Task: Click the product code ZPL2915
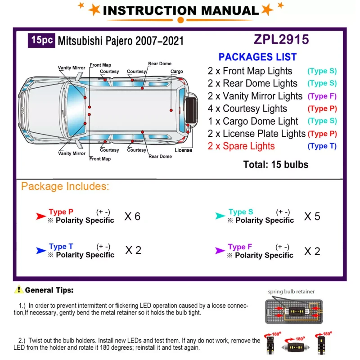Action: (x=281, y=40)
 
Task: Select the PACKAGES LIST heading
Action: (x=257, y=57)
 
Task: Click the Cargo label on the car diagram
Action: (x=177, y=72)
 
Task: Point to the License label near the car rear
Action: (x=183, y=150)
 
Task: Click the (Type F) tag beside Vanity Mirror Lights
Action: (x=322, y=96)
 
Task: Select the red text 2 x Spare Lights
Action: (x=241, y=146)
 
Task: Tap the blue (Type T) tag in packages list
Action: (x=322, y=146)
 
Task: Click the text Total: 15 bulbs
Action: (x=276, y=165)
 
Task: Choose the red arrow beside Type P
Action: (x=41, y=216)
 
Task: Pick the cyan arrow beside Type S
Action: (x=220, y=216)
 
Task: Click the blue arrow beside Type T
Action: (x=41, y=251)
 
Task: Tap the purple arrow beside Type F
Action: (x=220, y=251)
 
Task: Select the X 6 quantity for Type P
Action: (x=132, y=216)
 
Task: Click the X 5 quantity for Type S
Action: (x=312, y=216)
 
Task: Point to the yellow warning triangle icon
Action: (x=18, y=290)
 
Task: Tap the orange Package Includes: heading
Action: (x=65, y=186)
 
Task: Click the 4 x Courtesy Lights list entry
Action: (x=247, y=108)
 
